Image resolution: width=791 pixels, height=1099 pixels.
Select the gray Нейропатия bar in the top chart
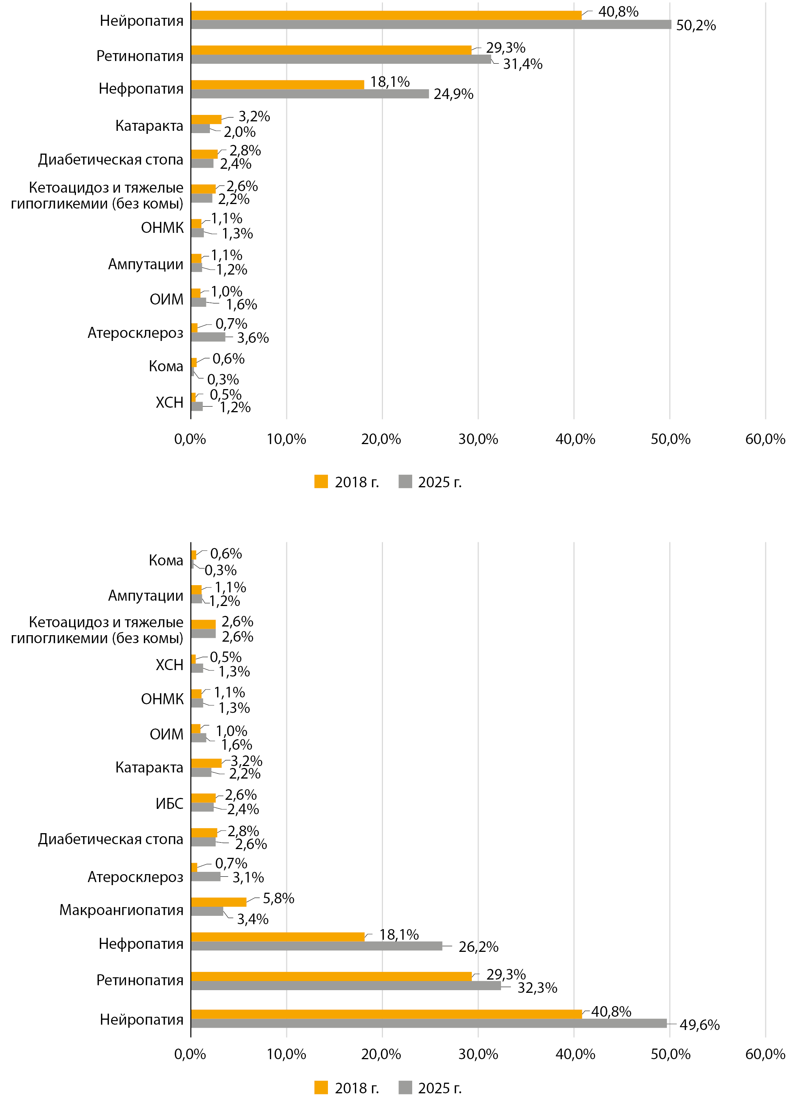click(x=431, y=24)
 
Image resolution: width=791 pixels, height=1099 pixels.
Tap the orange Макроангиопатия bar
click(x=218, y=902)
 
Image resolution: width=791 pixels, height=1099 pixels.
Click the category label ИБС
click(x=169, y=804)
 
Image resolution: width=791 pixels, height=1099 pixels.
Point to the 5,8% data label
click(x=278, y=898)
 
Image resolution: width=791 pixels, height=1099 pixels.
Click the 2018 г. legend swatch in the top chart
click(x=321, y=481)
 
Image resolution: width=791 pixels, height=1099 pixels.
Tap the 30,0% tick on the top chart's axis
click(x=478, y=439)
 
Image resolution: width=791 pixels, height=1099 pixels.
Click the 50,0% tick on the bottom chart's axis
click(x=670, y=1054)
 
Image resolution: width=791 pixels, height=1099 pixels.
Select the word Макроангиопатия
click(x=121, y=910)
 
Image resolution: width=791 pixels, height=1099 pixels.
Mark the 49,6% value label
click(x=700, y=1024)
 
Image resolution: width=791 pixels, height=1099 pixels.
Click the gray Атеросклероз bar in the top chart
click(x=208, y=337)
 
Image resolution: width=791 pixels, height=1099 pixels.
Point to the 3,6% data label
click(x=253, y=338)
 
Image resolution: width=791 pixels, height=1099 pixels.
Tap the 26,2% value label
click(x=478, y=947)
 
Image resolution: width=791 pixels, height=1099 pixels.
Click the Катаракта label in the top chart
click(x=150, y=126)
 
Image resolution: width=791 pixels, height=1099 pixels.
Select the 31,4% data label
click(x=522, y=64)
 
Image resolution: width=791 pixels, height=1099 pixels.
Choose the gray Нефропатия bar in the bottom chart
click(x=316, y=946)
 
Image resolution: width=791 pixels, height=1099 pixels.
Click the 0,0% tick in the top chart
click(x=190, y=439)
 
